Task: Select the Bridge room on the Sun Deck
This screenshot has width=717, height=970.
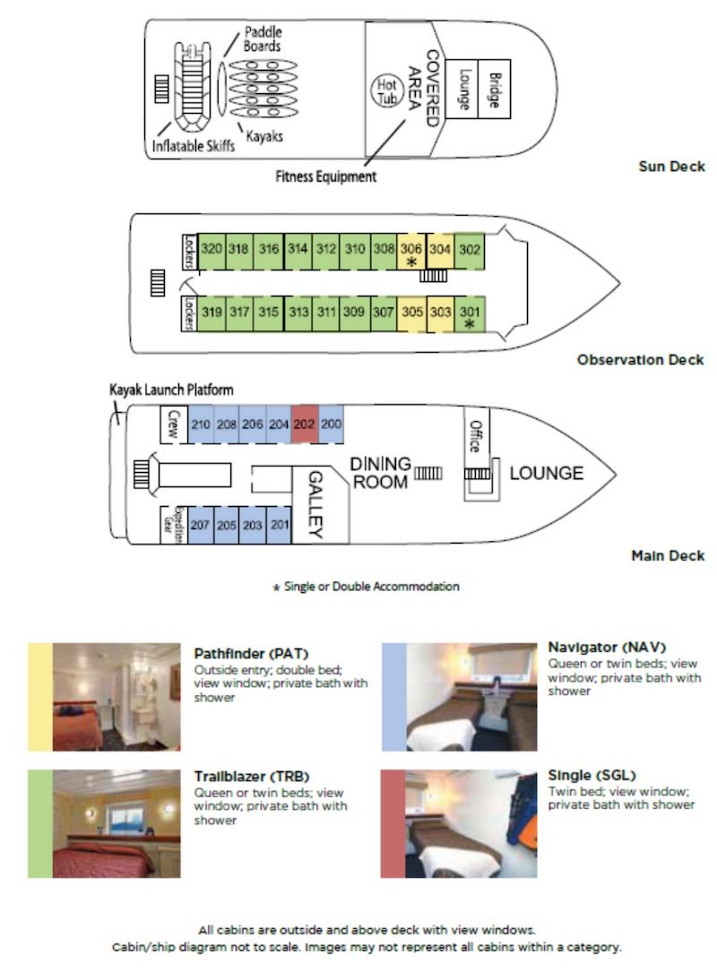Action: click(492, 90)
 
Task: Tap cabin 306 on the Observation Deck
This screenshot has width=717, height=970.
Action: click(410, 252)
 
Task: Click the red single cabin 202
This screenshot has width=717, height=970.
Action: click(305, 425)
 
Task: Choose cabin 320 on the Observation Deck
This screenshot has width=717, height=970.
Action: click(211, 249)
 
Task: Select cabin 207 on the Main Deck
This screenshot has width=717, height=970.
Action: click(200, 526)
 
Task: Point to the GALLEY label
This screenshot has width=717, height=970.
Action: click(315, 505)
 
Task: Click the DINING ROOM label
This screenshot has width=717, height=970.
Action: click(379, 473)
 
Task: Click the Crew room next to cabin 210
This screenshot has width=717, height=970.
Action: click(173, 425)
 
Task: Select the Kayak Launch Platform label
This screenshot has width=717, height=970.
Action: click(171, 391)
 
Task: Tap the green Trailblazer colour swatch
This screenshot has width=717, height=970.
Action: click(39, 823)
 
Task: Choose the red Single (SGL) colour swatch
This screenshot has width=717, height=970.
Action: click(393, 823)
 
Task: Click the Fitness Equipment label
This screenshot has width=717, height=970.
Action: click(326, 177)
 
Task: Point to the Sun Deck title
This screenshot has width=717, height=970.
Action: click(671, 167)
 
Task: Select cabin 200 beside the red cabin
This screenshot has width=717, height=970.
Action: click(331, 425)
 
